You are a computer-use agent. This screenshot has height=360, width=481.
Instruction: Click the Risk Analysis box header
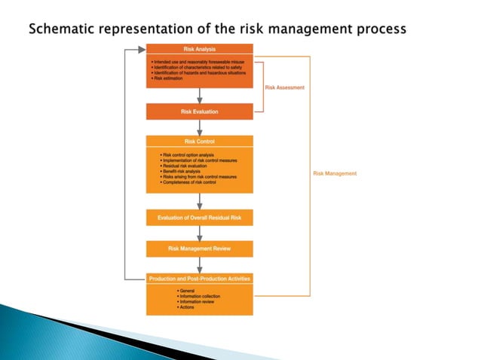click(200, 49)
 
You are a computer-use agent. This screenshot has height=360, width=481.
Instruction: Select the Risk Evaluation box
click(200, 112)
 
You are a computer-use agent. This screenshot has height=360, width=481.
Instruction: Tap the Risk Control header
click(200, 141)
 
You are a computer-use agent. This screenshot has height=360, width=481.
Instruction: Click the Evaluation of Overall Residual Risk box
click(200, 218)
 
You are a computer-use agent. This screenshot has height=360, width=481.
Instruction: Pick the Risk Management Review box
click(200, 249)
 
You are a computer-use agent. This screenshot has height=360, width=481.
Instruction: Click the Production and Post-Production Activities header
click(200, 279)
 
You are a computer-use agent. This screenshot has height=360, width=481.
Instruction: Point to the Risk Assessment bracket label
click(285, 87)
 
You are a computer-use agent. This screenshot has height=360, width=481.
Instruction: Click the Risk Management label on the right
click(335, 173)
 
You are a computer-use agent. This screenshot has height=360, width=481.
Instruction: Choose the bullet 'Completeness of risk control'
click(191, 182)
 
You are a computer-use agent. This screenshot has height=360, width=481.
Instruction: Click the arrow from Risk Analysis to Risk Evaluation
click(200, 96)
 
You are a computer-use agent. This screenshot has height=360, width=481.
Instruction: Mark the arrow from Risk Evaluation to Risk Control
click(200, 127)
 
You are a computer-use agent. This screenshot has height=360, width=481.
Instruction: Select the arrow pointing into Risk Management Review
click(200, 233)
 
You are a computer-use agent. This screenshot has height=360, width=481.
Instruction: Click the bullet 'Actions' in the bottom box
click(185, 307)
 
